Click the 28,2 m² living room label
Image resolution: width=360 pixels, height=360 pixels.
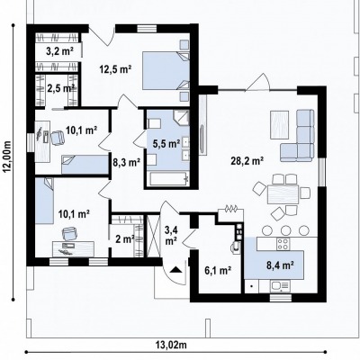[x=247, y=161]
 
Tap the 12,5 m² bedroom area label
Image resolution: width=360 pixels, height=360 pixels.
[x=116, y=70]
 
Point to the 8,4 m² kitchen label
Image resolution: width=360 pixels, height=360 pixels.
[x=280, y=265]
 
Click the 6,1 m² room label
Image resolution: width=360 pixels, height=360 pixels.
[x=218, y=271]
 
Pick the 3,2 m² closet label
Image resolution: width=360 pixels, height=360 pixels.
[x=59, y=51]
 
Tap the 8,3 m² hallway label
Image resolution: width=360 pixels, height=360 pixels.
[x=126, y=163]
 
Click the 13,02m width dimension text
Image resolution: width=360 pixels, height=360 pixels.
[x=171, y=345]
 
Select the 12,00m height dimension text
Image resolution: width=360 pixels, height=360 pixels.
[x=7, y=157]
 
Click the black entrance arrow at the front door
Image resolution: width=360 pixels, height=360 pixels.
[x=175, y=269]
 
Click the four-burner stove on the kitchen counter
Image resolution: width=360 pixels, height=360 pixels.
[x=283, y=244]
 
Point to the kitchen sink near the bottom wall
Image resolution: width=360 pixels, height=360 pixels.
[x=280, y=286]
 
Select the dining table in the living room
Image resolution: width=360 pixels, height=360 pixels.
[x=283, y=194]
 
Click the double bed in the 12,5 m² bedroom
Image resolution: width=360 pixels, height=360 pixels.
[x=166, y=71]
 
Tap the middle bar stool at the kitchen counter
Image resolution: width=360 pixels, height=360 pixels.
[x=285, y=230]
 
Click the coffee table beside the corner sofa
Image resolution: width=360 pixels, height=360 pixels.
[x=279, y=125]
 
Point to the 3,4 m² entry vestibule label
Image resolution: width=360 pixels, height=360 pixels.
[x=171, y=236]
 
